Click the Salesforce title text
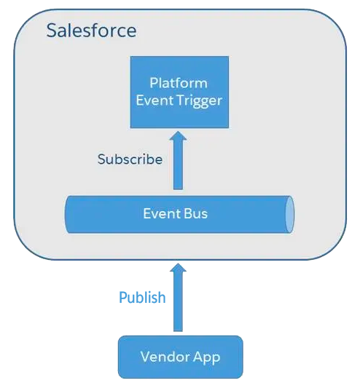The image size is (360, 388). click(x=91, y=31)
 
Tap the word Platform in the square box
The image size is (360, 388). click(x=179, y=83)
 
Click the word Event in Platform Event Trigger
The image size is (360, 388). click(x=154, y=100)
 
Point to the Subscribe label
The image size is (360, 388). click(x=130, y=159)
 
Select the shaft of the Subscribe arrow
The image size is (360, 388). click(x=178, y=165)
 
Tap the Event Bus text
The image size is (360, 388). click(x=176, y=213)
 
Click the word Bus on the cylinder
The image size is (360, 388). click(x=195, y=213)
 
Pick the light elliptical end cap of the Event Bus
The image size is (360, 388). click(x=289, y=214)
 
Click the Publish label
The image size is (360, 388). click(x=142, y=297)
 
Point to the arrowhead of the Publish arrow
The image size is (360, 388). click(x=178, y=268)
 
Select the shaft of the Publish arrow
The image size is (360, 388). click(x=178, y=301)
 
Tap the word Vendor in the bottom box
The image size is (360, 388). click(x=165, y=357)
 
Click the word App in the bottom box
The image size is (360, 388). click(x=207, y=357)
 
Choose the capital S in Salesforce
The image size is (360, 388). click(x=51, y=31)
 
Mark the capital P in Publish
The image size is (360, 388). click(x=123, y=297)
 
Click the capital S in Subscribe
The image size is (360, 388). click(x=101, y=159)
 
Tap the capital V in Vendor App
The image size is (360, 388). click(x=146, y=357)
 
